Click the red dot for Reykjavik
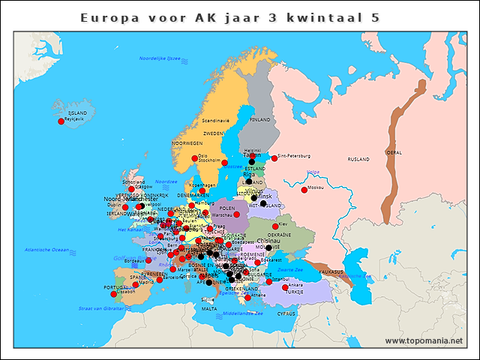[61, 121]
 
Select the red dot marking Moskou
[304, 190]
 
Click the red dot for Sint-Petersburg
[273, 158]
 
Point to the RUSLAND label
[358, 160]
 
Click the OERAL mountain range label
[394, 152]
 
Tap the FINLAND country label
[259, 119]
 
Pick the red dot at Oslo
[194, 158]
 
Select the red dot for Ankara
[284, 287]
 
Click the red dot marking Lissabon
[114, 293]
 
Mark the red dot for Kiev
[274, 226]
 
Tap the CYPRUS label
[286, 314]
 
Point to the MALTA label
[209, 308]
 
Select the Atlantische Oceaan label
[47, 249]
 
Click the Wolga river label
[313, 172]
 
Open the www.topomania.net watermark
[424, 340]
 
